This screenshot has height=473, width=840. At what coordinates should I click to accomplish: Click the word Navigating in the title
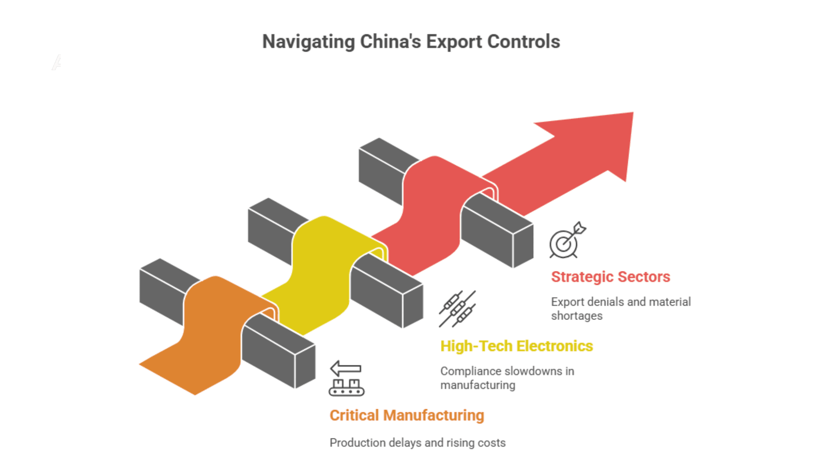tap(308, 42)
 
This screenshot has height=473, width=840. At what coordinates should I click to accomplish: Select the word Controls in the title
tap(523, 42)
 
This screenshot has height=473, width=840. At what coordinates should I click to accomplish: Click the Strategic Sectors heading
tap(610, 277)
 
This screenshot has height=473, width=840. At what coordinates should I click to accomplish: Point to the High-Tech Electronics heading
tap(516, 346)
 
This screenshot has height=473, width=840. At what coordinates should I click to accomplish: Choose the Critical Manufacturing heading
tap(407, 416)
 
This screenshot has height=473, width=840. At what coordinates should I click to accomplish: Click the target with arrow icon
tap(567, 241)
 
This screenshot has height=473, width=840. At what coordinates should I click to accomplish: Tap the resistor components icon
tap(457, 309)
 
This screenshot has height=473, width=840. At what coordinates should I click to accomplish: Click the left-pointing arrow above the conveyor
tap(345, 369)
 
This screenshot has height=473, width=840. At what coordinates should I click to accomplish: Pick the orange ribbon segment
tap(210, 330)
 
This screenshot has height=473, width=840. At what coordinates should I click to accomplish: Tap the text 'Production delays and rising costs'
tap(417, 443)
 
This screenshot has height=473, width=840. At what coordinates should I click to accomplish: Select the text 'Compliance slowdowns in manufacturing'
tap(507, 378)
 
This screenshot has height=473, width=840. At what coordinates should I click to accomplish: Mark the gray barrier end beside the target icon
tap(522, 246)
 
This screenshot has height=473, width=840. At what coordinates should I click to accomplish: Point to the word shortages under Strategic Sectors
tap(576, 316)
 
